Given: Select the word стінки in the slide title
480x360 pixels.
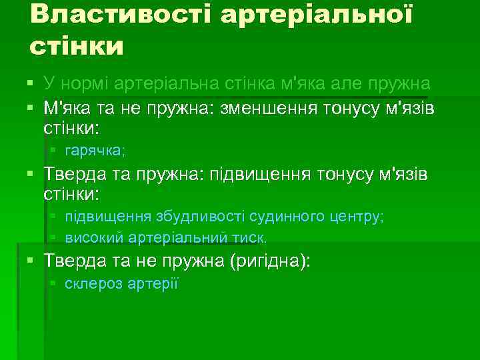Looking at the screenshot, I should tap(77, 47).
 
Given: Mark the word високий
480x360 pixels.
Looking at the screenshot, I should tap(91, 237).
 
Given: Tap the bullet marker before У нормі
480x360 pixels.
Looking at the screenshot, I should tap(31, 84).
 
